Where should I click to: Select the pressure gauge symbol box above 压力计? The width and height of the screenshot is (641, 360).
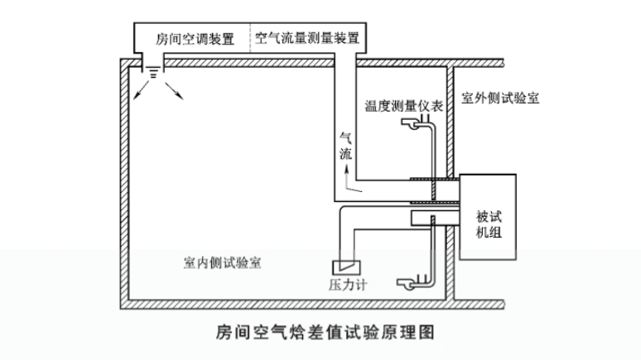(x=343, y=267)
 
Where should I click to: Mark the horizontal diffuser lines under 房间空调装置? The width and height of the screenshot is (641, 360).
(x=154, y=73)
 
